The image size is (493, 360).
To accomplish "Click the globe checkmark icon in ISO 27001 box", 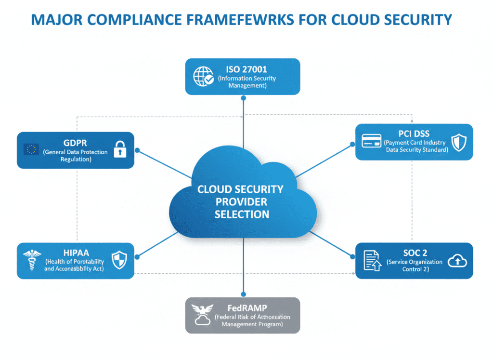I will (203, 77).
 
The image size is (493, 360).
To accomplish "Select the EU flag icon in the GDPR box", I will (31, 150).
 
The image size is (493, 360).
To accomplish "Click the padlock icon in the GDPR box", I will (119, 149).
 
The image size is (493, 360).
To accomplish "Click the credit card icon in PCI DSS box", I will (371, 141).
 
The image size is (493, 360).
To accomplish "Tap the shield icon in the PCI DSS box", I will (459, 142).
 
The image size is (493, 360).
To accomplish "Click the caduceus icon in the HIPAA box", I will (31, 261).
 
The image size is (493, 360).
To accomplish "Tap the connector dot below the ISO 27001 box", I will (243, 98).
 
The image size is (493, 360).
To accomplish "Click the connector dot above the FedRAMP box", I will (243, 294).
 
